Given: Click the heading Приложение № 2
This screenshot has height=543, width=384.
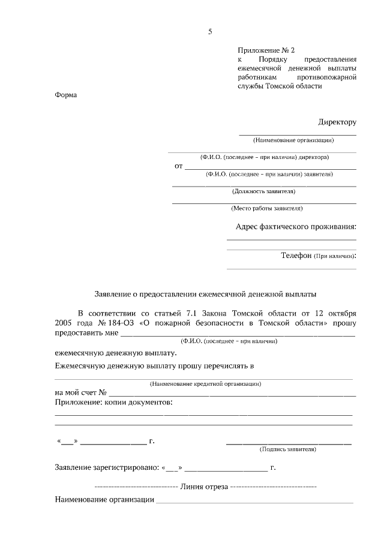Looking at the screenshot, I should coord(266,50).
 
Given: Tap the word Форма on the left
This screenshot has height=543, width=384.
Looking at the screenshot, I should coord(66,95).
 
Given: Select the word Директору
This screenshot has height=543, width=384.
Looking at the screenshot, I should coord(337,122).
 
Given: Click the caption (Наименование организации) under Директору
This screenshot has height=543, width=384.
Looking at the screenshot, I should coord(293,140).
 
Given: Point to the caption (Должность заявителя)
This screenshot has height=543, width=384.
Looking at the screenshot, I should coord(263,191).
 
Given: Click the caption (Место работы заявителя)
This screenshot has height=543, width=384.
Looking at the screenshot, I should coord(267,209).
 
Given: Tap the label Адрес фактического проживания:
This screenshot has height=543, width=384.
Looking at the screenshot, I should coord(296,226).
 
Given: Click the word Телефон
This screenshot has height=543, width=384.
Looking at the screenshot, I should coord(296,256).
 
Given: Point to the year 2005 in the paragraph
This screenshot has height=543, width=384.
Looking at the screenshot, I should coord(64,323).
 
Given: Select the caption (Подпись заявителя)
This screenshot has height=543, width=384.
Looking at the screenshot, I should coord(287,449).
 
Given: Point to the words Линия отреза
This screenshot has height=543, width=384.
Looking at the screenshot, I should coord(204,487).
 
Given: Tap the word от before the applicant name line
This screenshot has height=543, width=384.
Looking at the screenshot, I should coord(178,166).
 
